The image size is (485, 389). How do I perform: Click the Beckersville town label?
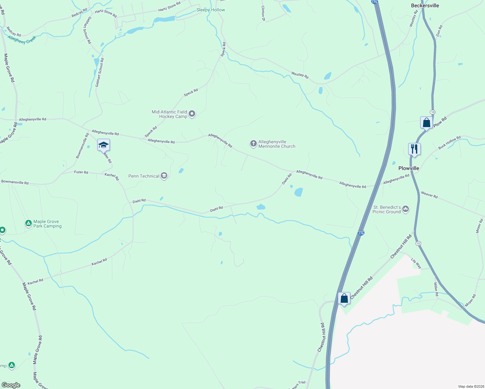tap(425, 6)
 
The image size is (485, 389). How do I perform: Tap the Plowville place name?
tap(408, 168)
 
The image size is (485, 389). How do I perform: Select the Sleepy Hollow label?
tap(210, 10)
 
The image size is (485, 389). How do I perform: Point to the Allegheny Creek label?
tap(22, 40)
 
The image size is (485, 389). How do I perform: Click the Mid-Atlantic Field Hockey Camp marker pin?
tap(192, 114)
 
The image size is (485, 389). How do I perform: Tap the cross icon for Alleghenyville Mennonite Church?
tap(253, 144)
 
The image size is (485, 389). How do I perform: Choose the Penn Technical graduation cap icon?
tap(164, 176)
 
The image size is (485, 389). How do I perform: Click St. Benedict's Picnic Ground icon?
tap(405, 209)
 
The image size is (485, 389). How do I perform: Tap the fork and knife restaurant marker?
tap(414, 149)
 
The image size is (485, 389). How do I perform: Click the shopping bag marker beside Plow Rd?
tap(426, 123)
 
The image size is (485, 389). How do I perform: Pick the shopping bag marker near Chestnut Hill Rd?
tap(344, 298)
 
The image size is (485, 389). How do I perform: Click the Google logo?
tap(11, 385)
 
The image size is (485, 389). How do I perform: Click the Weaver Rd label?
tap(429, 195)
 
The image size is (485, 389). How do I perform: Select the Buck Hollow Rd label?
tap(449, 143)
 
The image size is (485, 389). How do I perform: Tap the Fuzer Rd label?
tap(81, 172)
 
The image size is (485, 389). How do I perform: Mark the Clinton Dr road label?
tap(263, 13)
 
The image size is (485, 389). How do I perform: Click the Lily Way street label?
tap(416, 263)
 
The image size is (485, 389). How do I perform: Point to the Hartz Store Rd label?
tap(169, 7)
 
